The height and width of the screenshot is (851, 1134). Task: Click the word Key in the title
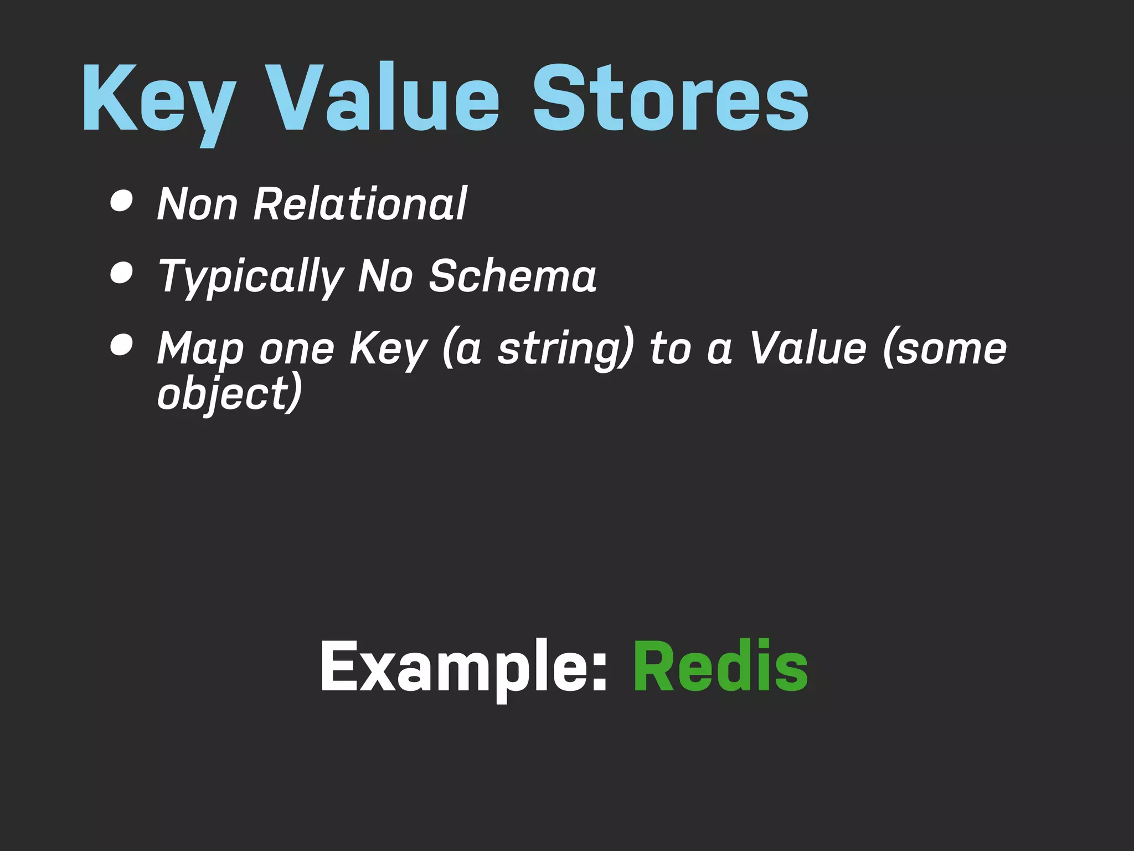tap(158, 100)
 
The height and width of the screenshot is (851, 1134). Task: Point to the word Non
tap(198, 204)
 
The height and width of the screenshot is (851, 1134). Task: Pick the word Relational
tap(360, 203)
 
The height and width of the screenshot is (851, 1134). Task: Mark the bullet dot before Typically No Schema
tap(122, 273)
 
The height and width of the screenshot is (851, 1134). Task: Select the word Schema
tap(513, 275)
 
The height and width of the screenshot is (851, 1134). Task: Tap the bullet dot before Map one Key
tap(122, 344)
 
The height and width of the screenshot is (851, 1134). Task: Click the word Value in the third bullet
tap(808, 348)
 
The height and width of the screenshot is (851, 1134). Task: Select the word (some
tap(945, 348)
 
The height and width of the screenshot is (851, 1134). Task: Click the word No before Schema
tap(385, 275)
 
